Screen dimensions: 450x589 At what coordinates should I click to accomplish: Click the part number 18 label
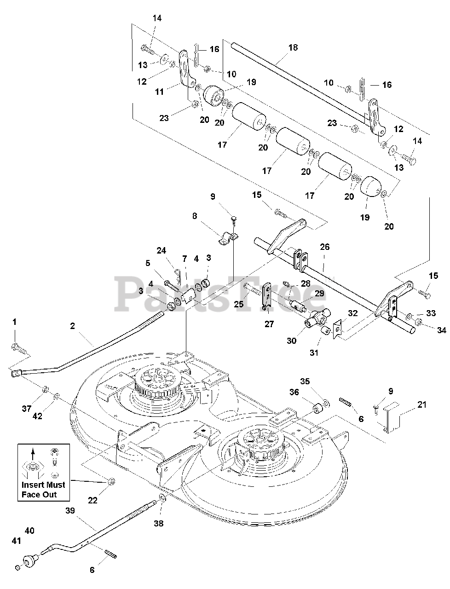point(293,47)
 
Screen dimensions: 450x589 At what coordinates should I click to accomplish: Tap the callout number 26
point(325,247)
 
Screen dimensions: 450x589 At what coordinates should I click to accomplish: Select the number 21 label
point(422,404)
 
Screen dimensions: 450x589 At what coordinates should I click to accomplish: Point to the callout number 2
point(72,326)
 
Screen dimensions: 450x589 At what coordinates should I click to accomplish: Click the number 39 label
point(70,510)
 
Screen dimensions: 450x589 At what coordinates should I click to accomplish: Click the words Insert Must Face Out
point(43,490)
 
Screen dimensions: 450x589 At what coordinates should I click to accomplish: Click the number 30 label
point(291,341)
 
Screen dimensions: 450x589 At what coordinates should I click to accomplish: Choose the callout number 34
point(442,330)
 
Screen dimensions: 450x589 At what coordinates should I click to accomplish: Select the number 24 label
point(161,251)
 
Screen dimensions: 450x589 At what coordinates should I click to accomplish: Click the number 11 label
point(159,92)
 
